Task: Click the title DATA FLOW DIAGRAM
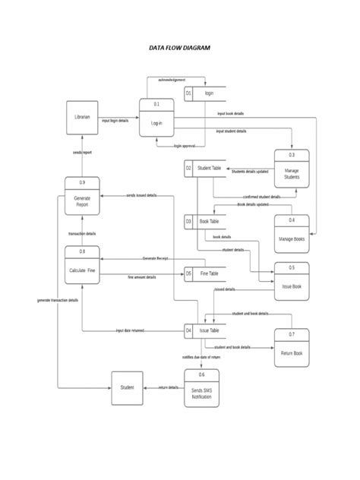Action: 179,47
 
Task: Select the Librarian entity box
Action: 82,118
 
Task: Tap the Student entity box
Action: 127,387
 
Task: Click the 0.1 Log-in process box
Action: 156,118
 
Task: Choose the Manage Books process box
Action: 292,234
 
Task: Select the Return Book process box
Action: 292,348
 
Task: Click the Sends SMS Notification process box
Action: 201,387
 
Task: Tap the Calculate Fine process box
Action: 82,265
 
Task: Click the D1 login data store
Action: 206,93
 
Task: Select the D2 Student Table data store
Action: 206,168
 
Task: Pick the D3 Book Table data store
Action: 206,222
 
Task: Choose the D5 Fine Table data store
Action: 206,273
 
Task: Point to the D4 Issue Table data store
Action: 206,331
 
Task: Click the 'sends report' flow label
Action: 82,153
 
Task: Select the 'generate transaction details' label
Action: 58,300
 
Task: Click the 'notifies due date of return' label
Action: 201,356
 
